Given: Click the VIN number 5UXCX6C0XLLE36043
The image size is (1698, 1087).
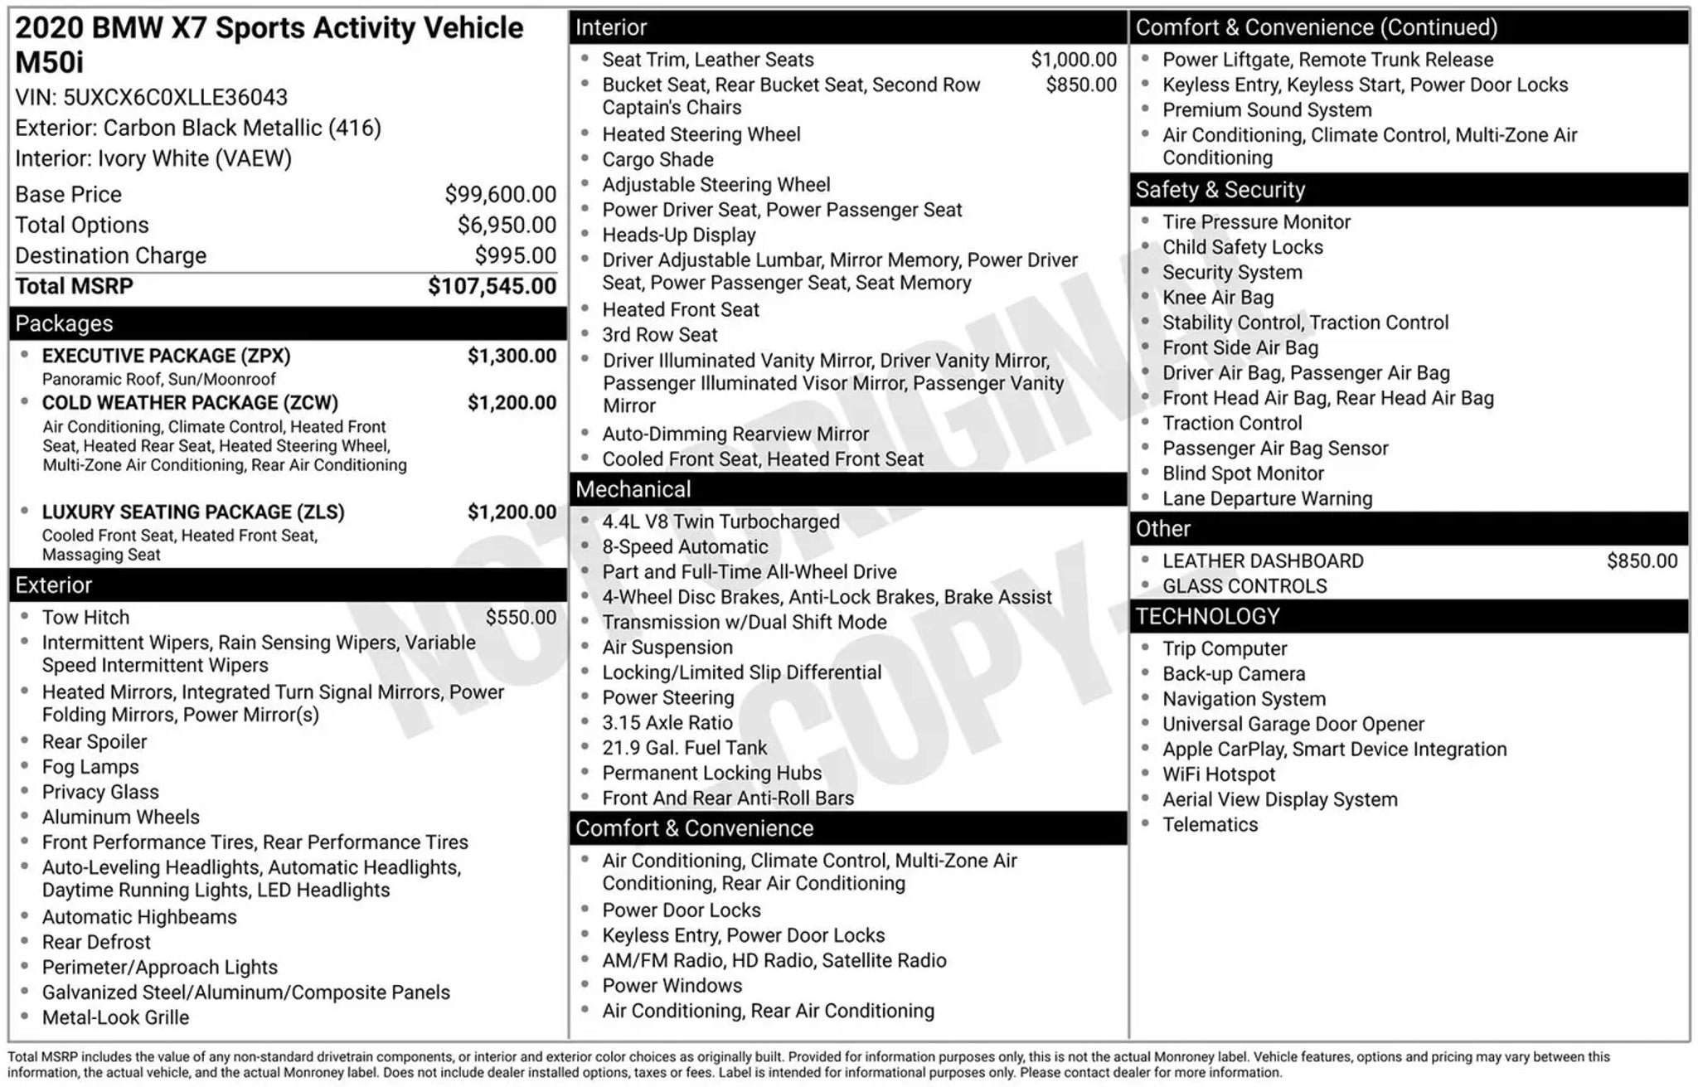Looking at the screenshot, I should [175, 98].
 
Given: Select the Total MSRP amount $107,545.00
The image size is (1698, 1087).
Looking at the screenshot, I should [492, 287].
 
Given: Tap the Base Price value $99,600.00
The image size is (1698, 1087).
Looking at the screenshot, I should [500, 195].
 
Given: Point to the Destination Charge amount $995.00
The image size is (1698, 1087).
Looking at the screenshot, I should [515, 256].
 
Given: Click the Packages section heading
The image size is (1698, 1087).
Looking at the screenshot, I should [65, 324].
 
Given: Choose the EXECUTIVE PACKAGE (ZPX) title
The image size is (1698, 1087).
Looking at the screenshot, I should [166, 357].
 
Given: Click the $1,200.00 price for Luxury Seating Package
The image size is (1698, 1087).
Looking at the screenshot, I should [512, 512].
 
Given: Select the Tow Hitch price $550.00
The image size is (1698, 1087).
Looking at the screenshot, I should [521, 618].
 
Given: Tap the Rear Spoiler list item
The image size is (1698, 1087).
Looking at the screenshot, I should [95, 742].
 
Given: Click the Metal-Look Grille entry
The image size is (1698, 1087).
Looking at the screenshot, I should [115, 1018].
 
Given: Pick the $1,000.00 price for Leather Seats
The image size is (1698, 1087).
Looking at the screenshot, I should [1073, 60].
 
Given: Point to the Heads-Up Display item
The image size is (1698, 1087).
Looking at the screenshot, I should [678, 235].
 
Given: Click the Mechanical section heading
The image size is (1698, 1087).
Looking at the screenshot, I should [633, 490].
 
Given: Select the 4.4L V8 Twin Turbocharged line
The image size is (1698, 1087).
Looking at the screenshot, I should [720, 522].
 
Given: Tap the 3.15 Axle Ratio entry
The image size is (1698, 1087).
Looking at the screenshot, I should [667, 723].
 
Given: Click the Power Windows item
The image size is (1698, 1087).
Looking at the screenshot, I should [672, 986].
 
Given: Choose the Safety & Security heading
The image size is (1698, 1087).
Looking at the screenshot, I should [1220, 191].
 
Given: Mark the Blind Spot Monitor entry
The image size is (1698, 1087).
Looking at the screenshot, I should [1243, 473].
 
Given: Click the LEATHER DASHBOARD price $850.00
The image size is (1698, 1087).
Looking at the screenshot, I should [1642, 561].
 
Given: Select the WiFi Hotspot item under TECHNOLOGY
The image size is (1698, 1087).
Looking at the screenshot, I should [1219, 774].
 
